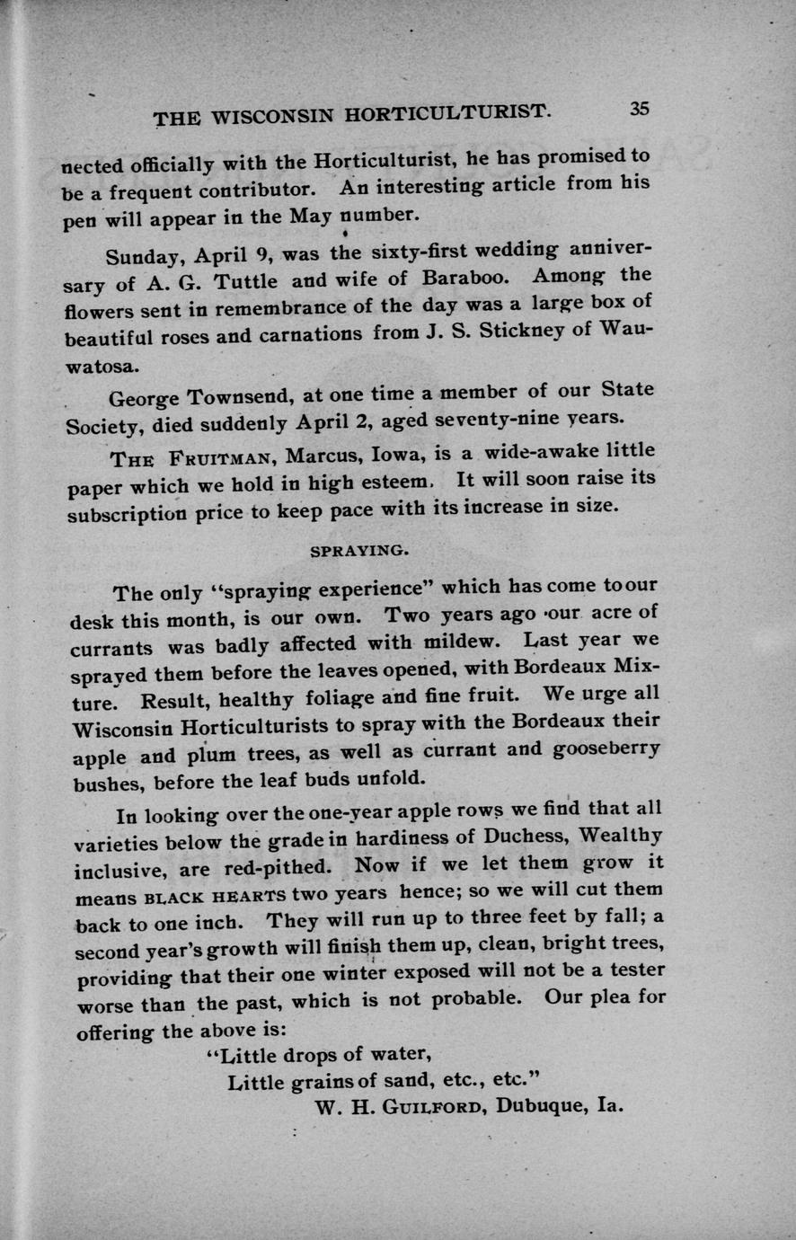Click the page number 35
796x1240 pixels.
pyautogui.click(x=639, y=109)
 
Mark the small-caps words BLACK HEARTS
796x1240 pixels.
pyautogui.click(x=215, y=896)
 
